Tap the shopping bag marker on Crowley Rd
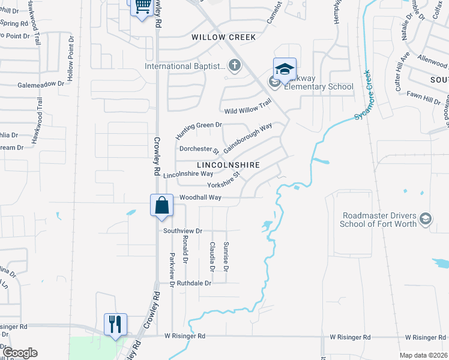(x=162, y=205)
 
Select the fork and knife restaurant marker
(x=115, y=324)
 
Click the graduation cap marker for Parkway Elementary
(x=285, y=68)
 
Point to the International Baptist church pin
(x=235, y=65)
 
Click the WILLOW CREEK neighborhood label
(x=223, y=37)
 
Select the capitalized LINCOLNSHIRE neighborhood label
(x=229, y=164)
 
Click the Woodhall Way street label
(x=200, y=197)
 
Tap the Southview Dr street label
(x=182, y=230)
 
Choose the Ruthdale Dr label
(x=191, y=283)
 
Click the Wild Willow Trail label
(x=248, y=108)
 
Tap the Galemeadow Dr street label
(x=41, y=85)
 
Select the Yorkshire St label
(x=224, y=181)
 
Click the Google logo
(x=20, y=353)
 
